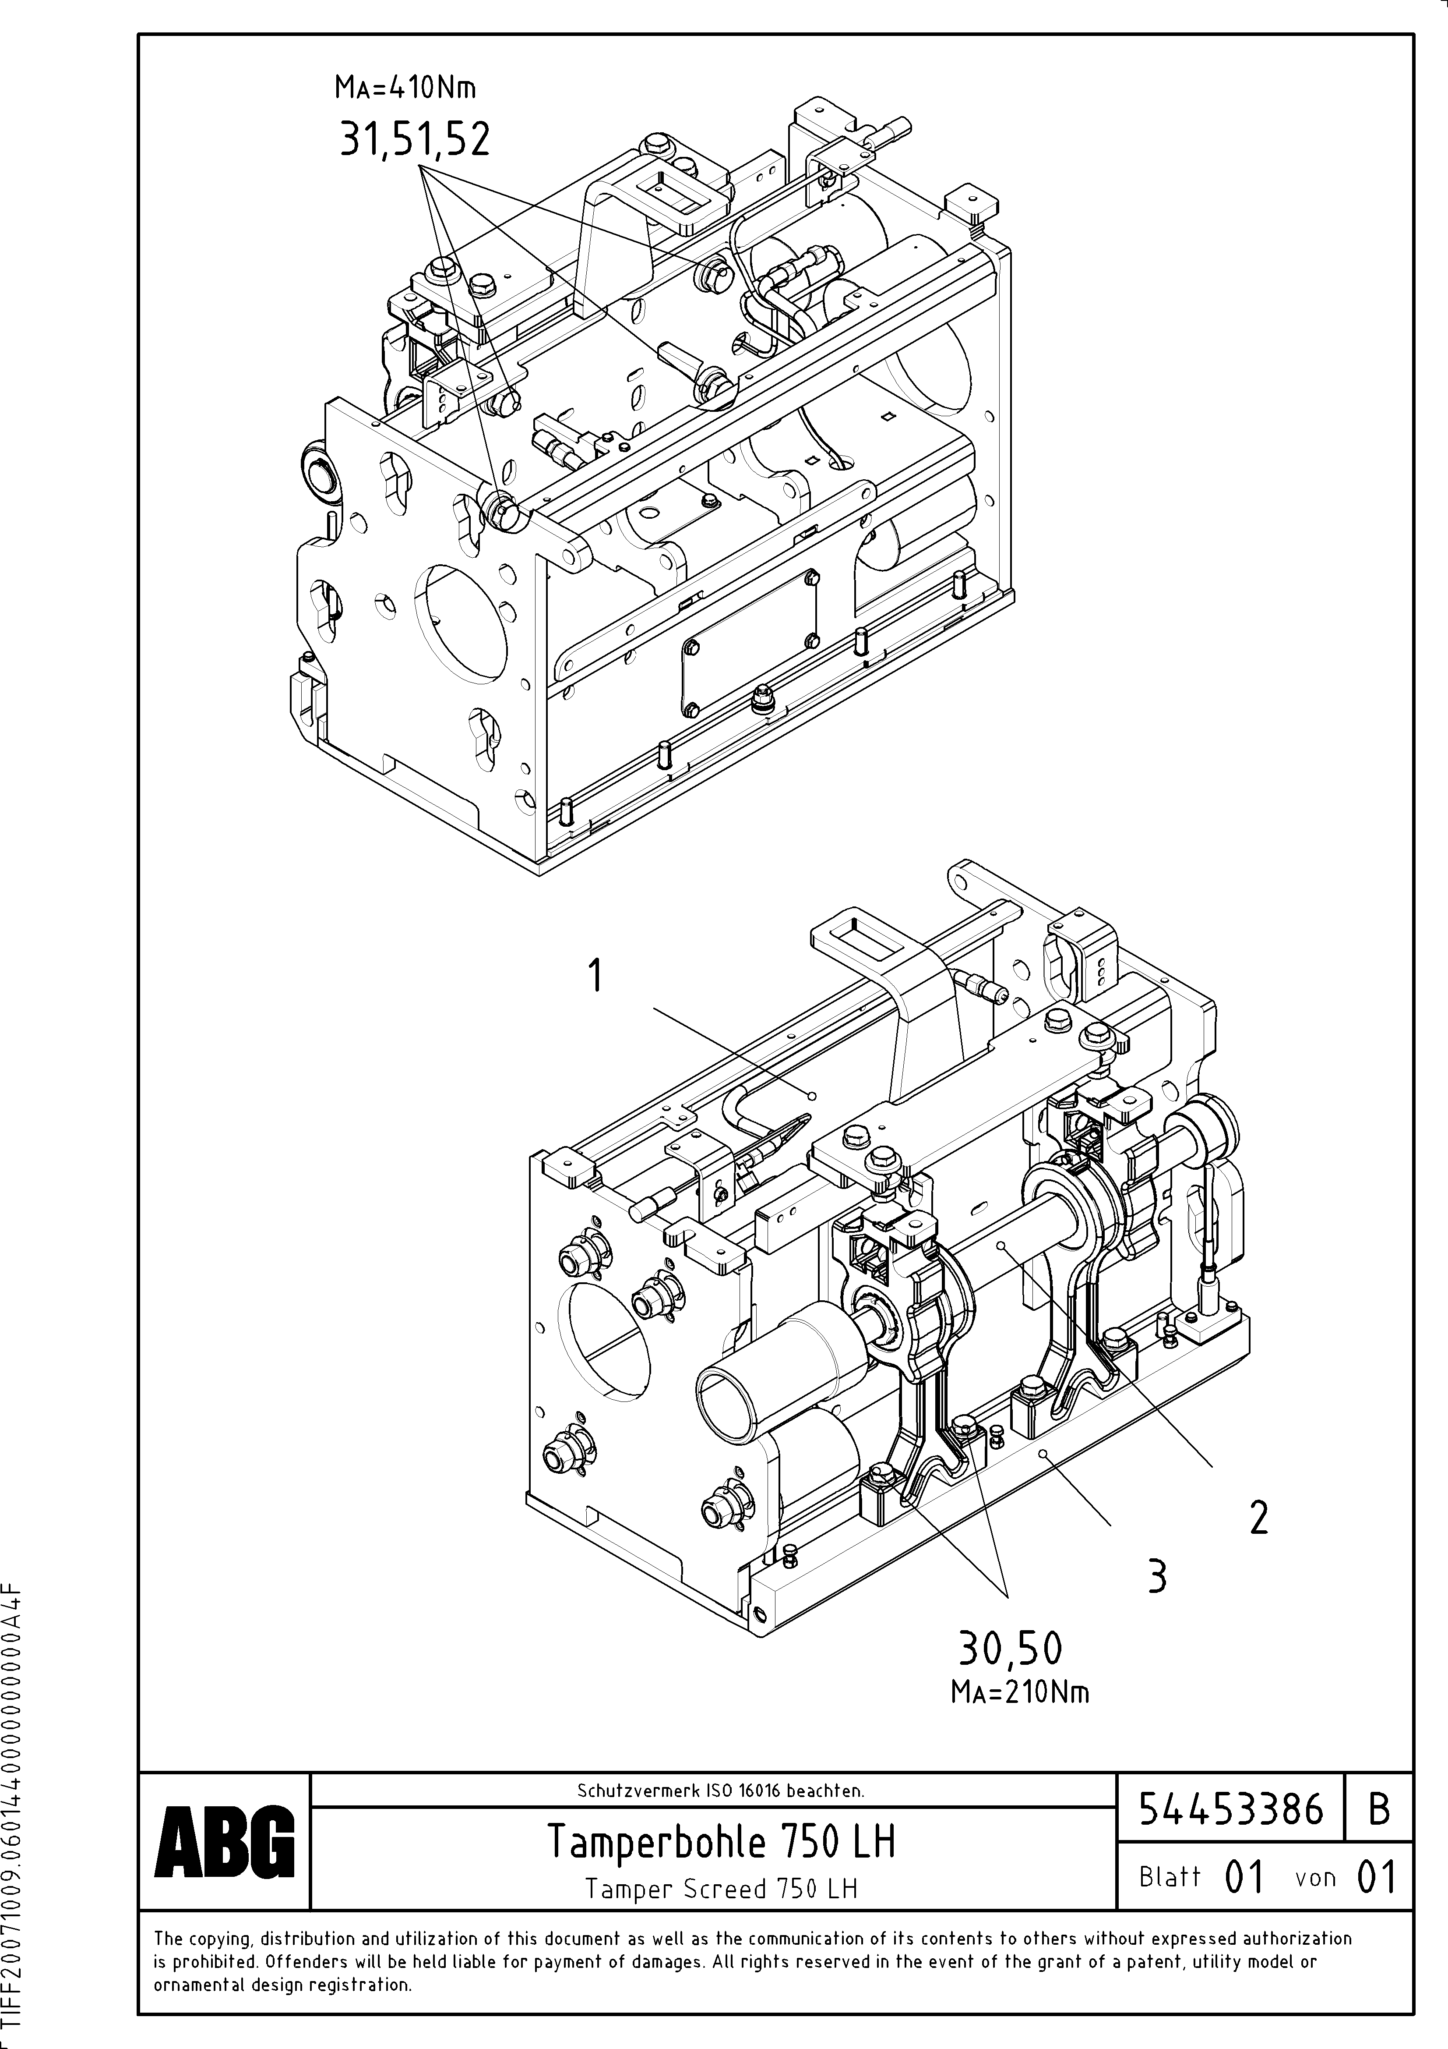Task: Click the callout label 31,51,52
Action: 415,140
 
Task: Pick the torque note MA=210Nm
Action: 1020,1692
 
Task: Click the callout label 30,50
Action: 1010,1648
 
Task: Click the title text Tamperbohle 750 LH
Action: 720,1841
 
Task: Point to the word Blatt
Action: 1170,1877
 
